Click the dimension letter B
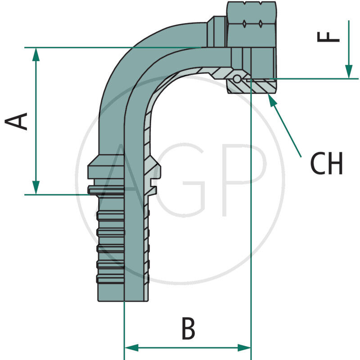click(x=188, y=328)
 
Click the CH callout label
click(x=327, y=164)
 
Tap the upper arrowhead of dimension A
click(x=36, y=54)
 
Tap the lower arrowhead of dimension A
click(x=36, y=188)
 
